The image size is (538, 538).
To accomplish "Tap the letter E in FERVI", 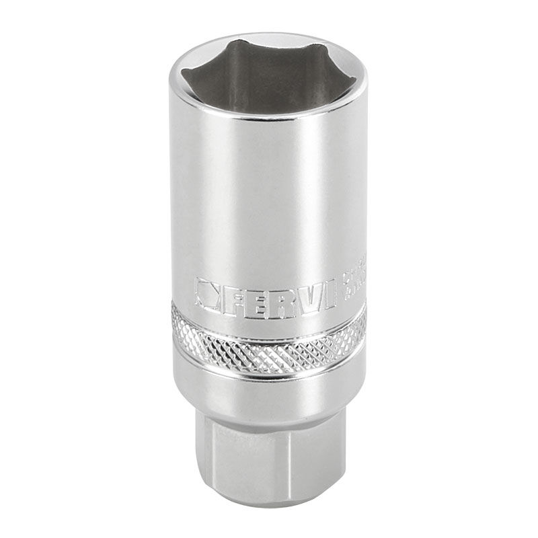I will click(261, 296).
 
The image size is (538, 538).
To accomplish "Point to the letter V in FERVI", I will click(307, 296).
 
